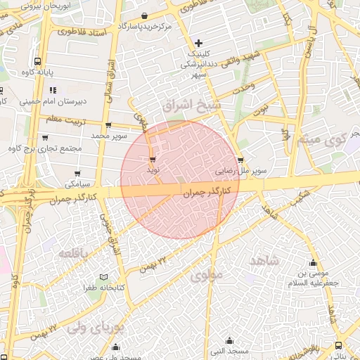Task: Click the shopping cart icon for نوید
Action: [153, 160]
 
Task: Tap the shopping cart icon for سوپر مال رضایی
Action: [241, 160]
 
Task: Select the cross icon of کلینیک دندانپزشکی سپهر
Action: [199, 43]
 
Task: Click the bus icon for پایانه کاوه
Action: [37, 61]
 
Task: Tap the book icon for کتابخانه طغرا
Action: [104, 277]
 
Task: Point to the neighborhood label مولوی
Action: [205, 274]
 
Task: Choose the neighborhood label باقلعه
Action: [73, 253]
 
